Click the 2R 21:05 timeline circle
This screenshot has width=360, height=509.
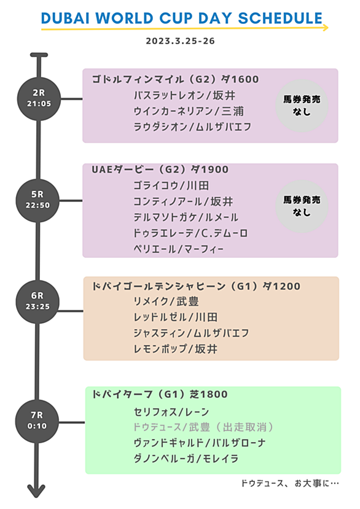[x=39, y=99]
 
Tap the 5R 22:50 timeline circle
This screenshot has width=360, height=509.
[x=37, y=200]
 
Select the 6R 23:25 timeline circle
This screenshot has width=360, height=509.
[x=37, y=301]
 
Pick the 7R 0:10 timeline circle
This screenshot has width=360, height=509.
[x=37, y=421]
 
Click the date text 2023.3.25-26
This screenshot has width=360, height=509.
[x=181, y=41]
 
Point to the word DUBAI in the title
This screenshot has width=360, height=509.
[x=65, y=18]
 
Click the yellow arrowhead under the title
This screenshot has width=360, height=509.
[x=325, y=28]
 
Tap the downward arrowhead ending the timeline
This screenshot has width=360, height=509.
[x=36, y=491]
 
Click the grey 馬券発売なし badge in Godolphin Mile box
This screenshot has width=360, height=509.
[x=302, y=106]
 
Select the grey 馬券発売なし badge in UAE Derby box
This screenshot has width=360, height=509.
[x=302, y=206]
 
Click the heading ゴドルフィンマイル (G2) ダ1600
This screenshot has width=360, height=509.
[x=176, y=79]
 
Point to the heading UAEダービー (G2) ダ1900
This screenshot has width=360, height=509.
[x=160, y=169]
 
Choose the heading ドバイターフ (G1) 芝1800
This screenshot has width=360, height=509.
[x=160, y=394]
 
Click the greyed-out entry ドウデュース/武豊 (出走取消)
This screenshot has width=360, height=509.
[x=204, y=427]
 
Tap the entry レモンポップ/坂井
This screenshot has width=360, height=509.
[x=176, y=349]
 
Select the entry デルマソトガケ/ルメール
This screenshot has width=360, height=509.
[x=186, y=217]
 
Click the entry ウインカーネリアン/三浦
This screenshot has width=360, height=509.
[x=189, y=111]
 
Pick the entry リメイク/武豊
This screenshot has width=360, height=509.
[x=166, y=301]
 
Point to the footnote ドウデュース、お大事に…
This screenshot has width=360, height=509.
[x=290, y=483]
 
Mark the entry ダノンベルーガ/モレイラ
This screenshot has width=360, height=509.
[x=186, y=459]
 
